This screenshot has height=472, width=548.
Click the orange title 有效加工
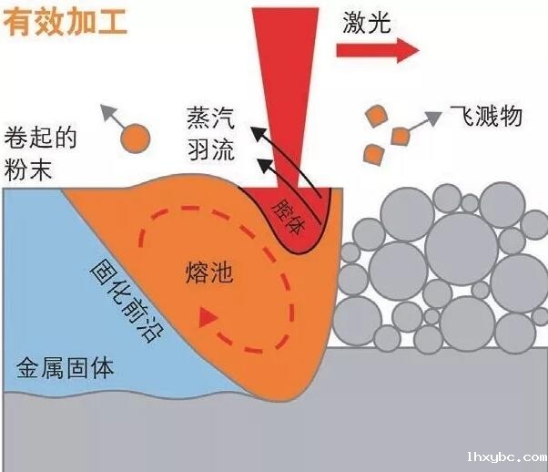(65, 22)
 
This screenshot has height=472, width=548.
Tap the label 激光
(367, 22)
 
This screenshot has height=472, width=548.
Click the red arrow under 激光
(378, 50)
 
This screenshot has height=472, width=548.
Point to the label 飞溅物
(486, 116)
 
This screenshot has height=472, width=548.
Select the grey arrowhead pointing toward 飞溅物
(433, 118)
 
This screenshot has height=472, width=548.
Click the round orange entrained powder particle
(136, 139)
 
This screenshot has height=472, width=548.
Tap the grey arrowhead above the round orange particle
(107, 110)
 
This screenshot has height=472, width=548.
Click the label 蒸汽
(210, 118)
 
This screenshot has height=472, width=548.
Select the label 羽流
(210, 149)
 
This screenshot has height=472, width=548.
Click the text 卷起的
(40, 138)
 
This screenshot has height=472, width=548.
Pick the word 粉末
(28, 169)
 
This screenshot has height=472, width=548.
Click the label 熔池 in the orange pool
(208, 272)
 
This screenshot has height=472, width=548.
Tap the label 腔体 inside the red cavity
(289, 218)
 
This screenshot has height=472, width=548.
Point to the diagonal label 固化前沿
(127, 301)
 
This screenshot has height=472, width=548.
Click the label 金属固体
(65, 368)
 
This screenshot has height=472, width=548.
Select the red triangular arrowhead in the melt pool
(207, 318)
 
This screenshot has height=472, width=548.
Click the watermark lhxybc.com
(507, 457)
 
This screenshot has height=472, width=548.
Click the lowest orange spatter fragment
(374, 154)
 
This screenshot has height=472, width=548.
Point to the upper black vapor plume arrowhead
(259, 134)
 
